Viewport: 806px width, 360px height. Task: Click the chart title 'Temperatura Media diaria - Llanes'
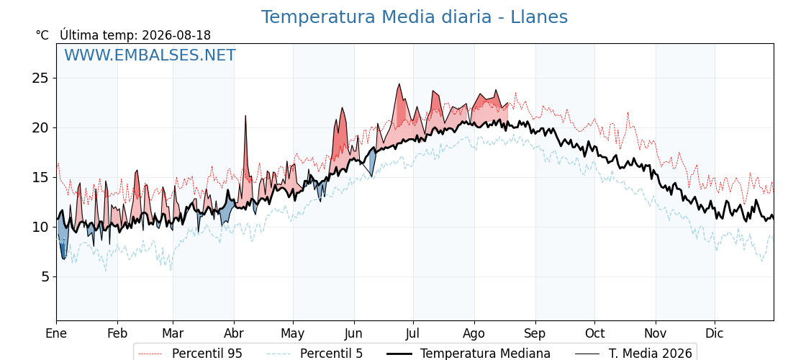[x=415, y=17]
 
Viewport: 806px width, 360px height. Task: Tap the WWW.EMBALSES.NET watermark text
[x=150, y=55]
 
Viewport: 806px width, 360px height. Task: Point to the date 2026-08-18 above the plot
[x=176, y=35]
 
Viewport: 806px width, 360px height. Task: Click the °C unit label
[x=42, y=35]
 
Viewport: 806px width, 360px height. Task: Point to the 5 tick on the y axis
[x=44, y=276]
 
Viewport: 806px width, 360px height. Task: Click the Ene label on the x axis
[x=56, y=333]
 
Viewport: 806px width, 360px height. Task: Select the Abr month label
[x=234, y=333]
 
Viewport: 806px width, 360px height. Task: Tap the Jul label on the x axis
[x=413, y=333]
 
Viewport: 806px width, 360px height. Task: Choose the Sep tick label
[x=535, y=334]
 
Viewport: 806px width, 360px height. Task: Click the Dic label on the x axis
[x=715, y=333]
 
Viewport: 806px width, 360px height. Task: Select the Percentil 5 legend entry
[x=314, y=354]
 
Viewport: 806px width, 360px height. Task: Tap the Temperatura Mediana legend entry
[x=467, y=354]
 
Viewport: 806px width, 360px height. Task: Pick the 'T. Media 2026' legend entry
[x=633, y=354]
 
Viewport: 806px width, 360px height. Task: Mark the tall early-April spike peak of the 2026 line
[x=245, y=116]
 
